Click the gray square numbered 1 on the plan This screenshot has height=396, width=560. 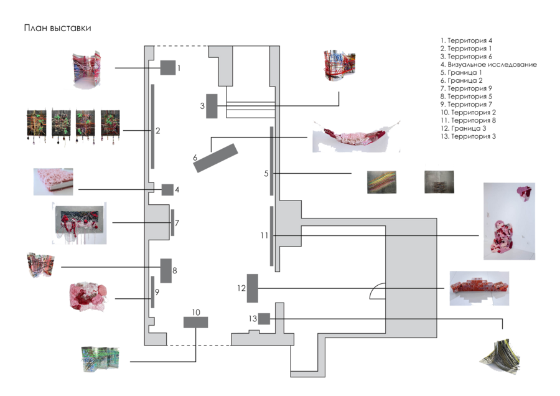click(x=167, y=67)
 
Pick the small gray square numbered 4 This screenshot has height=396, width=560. click(x=167, y=190)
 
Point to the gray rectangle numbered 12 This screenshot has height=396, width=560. click(x=253, y=288)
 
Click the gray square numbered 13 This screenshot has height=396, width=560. click(x=264, y=319)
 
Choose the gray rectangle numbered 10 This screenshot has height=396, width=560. click(x=195, y=322)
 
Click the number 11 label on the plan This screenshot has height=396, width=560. click(x=264, y=235)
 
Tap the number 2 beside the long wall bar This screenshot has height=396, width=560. click(x=158, y=131)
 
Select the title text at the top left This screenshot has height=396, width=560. click(x=58, y=29)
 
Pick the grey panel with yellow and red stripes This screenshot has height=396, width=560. click(x=380, y=182)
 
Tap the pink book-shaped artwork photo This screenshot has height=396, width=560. click(x=54, y=179)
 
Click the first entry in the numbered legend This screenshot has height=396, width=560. click(x=466, y=40)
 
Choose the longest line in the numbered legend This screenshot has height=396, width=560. click(x=489, y=64)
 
